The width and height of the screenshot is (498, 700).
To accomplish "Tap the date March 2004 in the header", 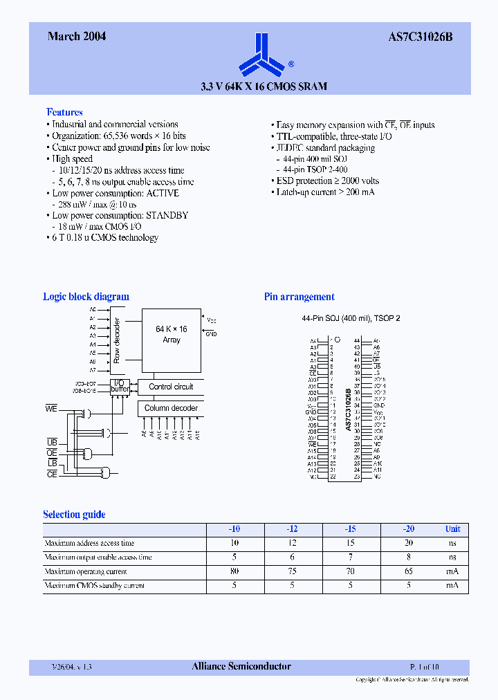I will pyautogui.click(x=77, y=37).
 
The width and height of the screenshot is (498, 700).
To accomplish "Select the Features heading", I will pyautogui.click(x=64, y=112).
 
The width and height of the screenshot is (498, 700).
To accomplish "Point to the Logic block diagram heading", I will pyautogui.click(x=86, y=297).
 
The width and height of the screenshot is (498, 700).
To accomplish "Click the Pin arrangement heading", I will pyautogui.click(x=299, y=297).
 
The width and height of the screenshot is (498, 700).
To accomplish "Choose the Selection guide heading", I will pyautogui.click(x=74, y=515).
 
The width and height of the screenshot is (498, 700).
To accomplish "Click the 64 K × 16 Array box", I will pyautogui.click(x=171, y=334).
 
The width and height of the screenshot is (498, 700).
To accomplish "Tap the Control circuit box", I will pyautogui.click(x=171, y=387).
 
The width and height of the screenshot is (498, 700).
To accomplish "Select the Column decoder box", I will pyautogui.click(x=171, y=408).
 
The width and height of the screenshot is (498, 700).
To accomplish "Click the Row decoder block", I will pyautogui.click(x=118, y=340).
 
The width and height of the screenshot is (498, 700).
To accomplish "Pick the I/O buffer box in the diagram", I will pyautogui.click(x=119, y=386).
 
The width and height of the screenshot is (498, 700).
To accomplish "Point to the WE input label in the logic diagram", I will pyautogui.click(x=51, y=408).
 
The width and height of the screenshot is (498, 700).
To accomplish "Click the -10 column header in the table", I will pyautogui.click(x=234, y=529).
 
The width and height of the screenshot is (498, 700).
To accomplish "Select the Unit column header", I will pyautogui.click(x=452, y=529).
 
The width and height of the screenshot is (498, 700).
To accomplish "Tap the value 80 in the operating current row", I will pyautogui.click(x=234, y=571).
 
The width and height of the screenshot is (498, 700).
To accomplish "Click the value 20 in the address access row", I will pyautogui.click(x=409, y=543).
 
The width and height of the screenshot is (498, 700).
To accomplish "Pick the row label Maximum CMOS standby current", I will pyautogui.click(x=94, y=586).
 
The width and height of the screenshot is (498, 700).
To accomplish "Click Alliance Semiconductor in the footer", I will pyautogui.click(x=241, y=667).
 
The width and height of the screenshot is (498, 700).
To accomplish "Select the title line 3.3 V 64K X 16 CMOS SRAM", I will pyautogui.click(x=263, y=87).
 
